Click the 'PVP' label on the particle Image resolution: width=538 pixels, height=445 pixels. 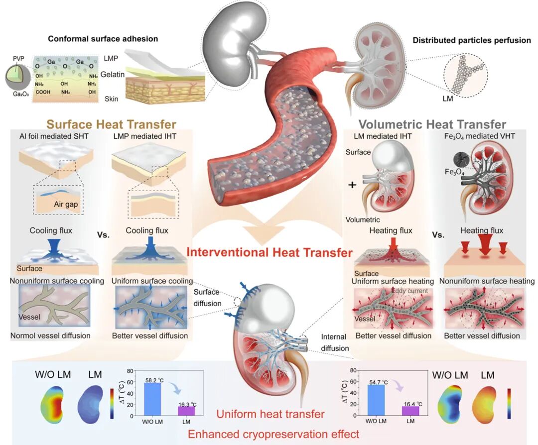pos(18,58)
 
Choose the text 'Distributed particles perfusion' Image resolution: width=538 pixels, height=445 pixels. pos(472,40)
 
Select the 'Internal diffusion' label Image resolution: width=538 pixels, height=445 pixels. pos(334,343)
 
